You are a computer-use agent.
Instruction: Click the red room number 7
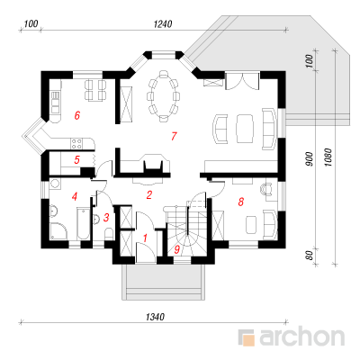[x=174, y=136]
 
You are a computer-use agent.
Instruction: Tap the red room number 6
[x=77, y=115]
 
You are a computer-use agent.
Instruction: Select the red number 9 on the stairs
[x=177, y=248]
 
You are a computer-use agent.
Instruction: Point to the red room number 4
[x=75, y=196]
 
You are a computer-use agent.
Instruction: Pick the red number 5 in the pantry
[x=76, y=160]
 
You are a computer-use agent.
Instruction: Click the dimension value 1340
[x=155, y=317]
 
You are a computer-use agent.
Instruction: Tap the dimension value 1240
[x=163, y=24]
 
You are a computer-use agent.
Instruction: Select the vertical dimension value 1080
[x=328, y=157]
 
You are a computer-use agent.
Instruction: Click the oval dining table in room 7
[x=164, y=96]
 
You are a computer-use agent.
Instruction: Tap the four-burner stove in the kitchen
[x=76, y=143]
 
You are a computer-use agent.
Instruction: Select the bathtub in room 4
[x=83, y=223]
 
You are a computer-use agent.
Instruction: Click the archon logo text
[x=301, y=337]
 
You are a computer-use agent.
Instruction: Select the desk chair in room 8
[x=266, y=189]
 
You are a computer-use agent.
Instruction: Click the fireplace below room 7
[x=154, y=164]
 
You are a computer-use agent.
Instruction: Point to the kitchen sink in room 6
[x=56, y=102]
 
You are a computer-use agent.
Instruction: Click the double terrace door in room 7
[x=242, y=80]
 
